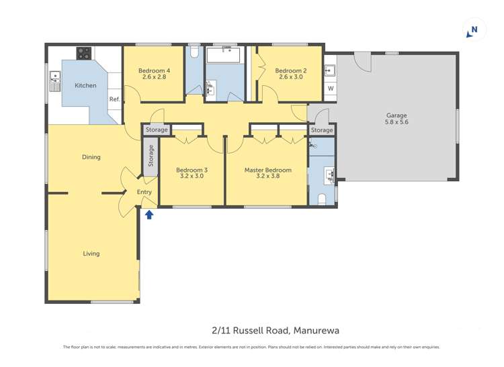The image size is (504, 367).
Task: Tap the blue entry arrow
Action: tap(149, 214)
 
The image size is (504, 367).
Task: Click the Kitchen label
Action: tap(85, 86)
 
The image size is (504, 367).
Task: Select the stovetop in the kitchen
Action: tap(84, 52)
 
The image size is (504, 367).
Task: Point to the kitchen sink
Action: tap(54, 83)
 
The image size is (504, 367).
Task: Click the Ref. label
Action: tap(114, 99)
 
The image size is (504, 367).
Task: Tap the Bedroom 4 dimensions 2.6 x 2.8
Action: tap(153, 77)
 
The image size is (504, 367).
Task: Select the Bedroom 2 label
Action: tap(290, 70)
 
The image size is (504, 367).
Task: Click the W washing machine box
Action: tap(330, 89)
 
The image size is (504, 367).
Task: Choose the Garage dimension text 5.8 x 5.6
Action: tap(396, 122)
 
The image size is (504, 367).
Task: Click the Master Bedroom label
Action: tap(267, 170)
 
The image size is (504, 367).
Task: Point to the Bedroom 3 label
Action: tap(192, 170)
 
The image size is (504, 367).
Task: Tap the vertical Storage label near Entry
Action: tap(151, 156)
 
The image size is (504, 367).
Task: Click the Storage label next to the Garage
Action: tap(322, 130)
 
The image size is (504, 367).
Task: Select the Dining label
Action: tap(91, 157)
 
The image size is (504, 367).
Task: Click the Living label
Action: tap(91, 254)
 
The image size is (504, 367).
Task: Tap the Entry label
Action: tap(144, 193)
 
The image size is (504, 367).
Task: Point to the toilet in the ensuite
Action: tap(322, 199)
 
